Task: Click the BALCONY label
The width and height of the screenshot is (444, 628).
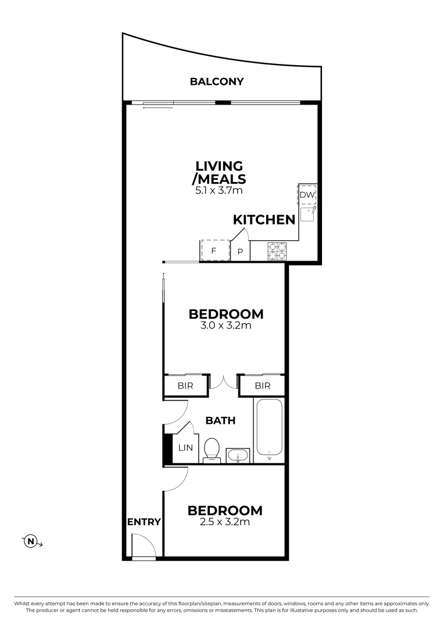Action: pyautogui.click(x=216, y=82)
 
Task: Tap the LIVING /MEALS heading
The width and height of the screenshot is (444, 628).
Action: pyautogui.click(x=221, y=173)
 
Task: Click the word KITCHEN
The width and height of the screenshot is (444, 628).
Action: pyautogui.click(x=264, y=220)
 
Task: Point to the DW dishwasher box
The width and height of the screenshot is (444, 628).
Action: pyautogui.click(x=307, y=195)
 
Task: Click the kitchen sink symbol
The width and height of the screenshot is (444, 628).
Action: pyautogui.click(x=307, y=214)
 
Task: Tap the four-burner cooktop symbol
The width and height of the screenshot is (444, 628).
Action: pyautogui.click(x=277, y=251)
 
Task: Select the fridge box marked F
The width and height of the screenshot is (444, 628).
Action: pyautogui.click(x=214, y=251)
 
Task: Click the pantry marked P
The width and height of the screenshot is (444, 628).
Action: pyautogui.click(x=241, y=252)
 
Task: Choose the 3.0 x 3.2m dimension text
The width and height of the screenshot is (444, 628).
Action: pyautogui.click(x=225, y=326)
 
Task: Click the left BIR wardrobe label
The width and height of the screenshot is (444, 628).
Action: pyautogui.click(x=185, y=386)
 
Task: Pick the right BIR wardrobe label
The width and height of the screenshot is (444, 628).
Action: pyautogui.click(x=262, y=386)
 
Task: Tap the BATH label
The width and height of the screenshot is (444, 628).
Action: pyautogui.click(x=221, y=420)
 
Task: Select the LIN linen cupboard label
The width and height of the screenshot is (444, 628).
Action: pyautogui.click(x=185, y=448)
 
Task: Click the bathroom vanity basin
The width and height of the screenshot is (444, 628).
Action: pyautogui.click(x=237, y=455)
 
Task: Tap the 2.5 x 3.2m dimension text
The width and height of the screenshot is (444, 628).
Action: pyautogui.click(x=225, y=522)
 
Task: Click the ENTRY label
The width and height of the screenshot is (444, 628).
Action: pyautogui.click(x=144, y=522)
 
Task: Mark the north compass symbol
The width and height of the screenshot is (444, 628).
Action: pyautogui.click(x=31, y=542)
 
